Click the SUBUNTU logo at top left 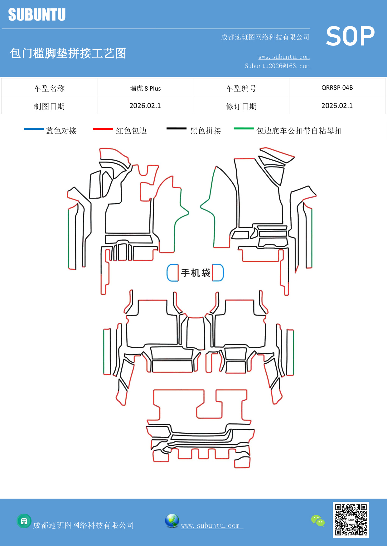(37, 15)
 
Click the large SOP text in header (350, 36)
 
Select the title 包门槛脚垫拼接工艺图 (68, 53)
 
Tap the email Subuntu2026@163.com (277, 66)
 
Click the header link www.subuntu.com (284, 57)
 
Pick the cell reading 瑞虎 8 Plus (145, 88)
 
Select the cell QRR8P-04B (337, 88)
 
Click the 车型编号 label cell (241, 88)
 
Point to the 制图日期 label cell (49, 106)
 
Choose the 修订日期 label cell (241, 106)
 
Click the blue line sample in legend (34, 129)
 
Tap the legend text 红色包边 (131, 131)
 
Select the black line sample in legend (176, 129)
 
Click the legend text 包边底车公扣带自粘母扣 (299, 131)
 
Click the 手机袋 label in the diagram (196, 273)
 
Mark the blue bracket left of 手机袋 (172, 273)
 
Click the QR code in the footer (351, 520)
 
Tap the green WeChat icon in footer (318, 521)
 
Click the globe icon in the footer (172, 521)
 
